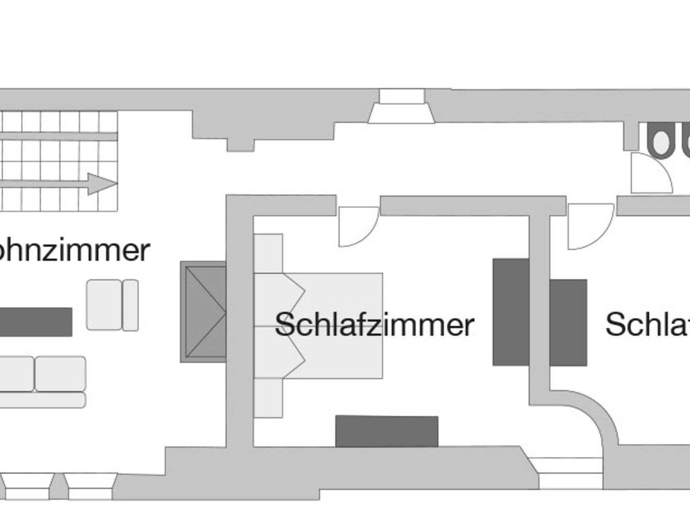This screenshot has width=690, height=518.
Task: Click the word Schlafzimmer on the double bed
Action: click(x=374, y=325)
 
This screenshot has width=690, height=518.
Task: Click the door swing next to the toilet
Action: click(x=650, y=173)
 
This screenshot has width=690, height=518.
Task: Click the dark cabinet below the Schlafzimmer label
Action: click(x=387, y=431)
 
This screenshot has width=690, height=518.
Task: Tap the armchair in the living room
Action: click(x=112, y=305)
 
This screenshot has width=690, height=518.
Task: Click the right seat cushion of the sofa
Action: click(x=61, y=374)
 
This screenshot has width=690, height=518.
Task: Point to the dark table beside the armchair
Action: click(x=35, y=322)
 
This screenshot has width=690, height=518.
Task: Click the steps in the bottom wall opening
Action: click(x=569, y=473)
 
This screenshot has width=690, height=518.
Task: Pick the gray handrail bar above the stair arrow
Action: click(x=59, y=136)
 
